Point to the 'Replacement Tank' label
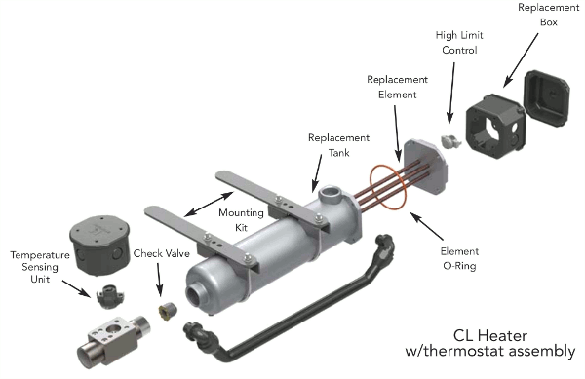point(339,144)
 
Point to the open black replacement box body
point(493,126)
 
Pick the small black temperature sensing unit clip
point(105,289)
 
